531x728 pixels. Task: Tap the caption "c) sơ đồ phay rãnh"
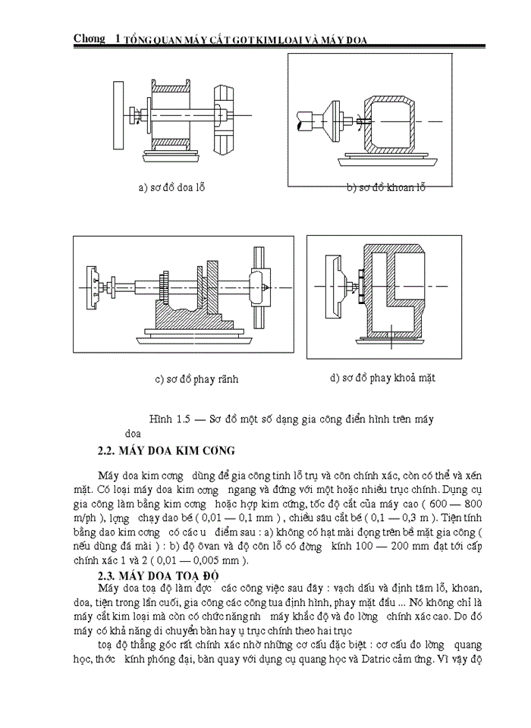[x=191, y=378]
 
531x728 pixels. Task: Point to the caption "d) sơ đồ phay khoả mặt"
[x=382, y=377]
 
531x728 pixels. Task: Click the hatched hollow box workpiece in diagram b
[x=388, y=121]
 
